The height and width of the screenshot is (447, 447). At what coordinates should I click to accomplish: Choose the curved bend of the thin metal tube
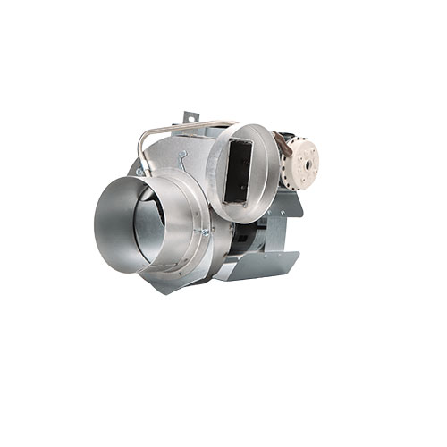(146, 136)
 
